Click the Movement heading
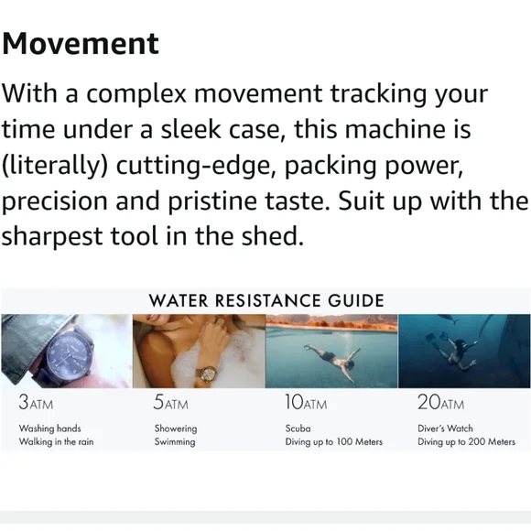81,43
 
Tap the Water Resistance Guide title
266,300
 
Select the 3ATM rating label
36,402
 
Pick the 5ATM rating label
170,402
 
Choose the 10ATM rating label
306,402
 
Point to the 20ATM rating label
440,402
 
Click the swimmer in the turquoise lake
331,362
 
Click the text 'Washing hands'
49,428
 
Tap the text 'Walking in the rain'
56,441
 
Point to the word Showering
176,428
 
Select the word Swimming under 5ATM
175,442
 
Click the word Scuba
298,428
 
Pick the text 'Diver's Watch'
445,428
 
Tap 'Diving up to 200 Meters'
466,442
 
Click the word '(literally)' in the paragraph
55,166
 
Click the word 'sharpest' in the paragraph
52,237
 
